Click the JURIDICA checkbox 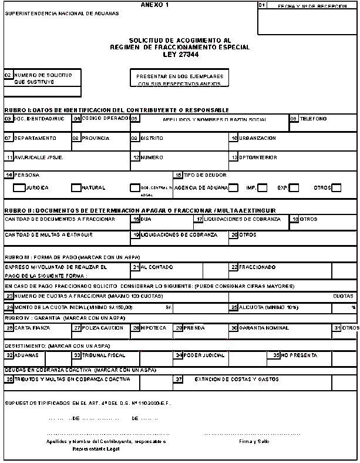[19, 188]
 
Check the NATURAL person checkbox [76, 188]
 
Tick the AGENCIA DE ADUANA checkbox [233, 188]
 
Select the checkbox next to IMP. [263, 188]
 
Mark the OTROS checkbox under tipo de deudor [337, 188]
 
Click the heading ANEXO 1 [154, 5]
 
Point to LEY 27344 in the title [180, 54]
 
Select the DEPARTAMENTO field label [35, 138]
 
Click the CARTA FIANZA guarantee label [31, 327]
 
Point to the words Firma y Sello [254, 441]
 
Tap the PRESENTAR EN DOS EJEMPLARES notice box [179, 79]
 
